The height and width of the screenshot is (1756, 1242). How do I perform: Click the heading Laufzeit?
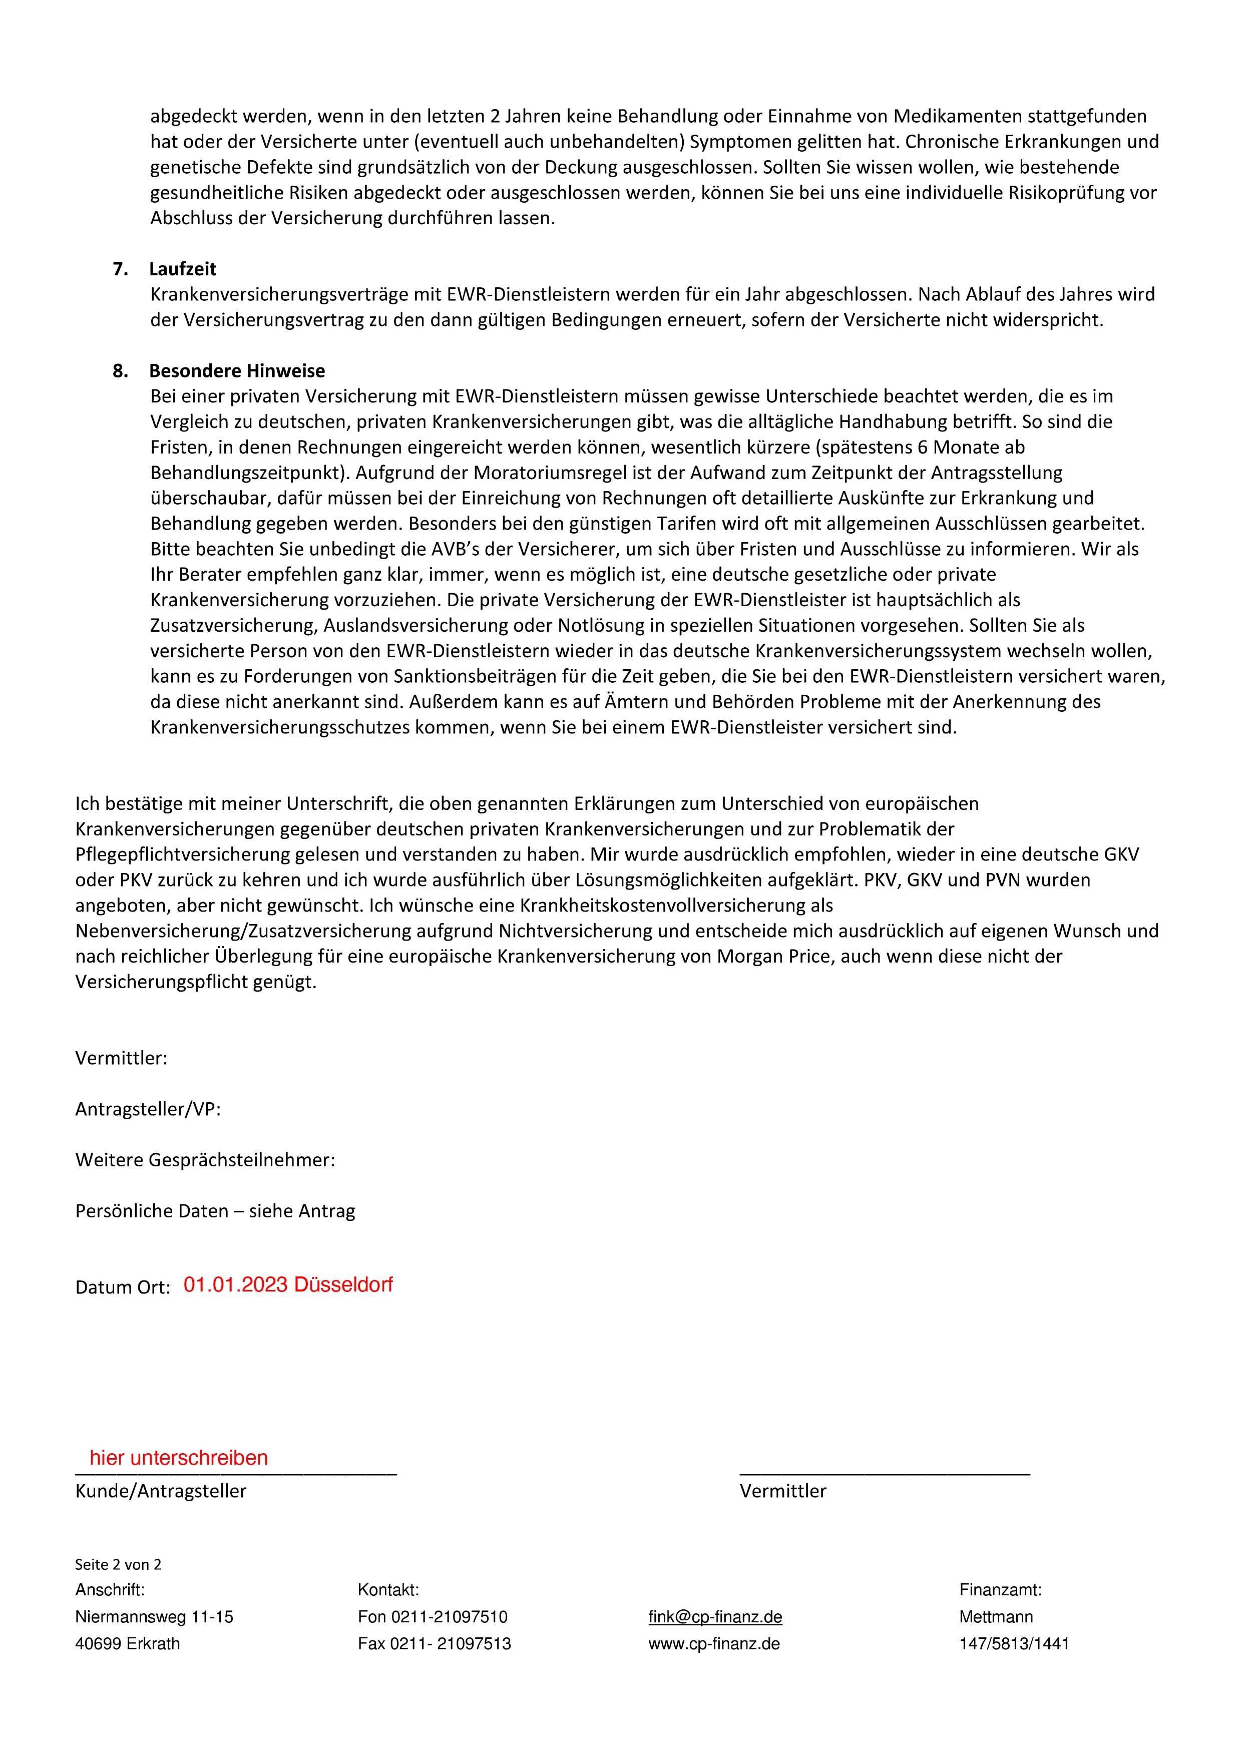tap(182, 269)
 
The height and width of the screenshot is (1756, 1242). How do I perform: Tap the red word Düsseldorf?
tap(343, 1285)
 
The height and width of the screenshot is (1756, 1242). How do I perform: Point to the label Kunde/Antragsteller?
tap(161, 1491)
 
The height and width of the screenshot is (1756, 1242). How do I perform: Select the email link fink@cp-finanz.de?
tap(715, 1617)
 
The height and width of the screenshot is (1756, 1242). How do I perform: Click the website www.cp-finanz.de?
tap(713, 1643)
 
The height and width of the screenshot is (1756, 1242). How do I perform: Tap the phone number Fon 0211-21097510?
tap(432, 1617)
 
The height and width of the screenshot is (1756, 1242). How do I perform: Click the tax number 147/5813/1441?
tap(1014, 1643)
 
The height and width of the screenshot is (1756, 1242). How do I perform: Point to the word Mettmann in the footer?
tap(996, 1617)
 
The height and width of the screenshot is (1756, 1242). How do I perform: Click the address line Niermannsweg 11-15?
tap(154, 1617)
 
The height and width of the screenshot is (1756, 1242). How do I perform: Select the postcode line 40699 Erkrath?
tap(128, 1643)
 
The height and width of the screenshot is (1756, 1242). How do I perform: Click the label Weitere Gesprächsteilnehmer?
tap(205, 1160)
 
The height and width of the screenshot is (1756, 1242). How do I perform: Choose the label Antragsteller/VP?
tap(148, 1109)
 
